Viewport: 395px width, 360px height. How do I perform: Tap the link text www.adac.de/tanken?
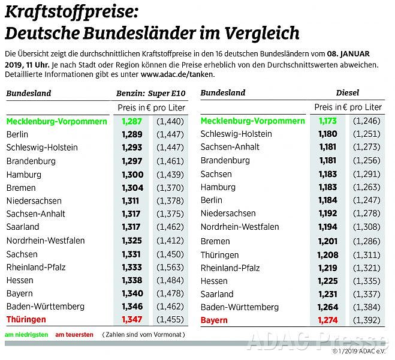[x=177, y=74]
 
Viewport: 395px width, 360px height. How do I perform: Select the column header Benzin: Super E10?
[x=152, y=93]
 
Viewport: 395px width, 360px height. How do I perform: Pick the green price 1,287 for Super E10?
[x=132, y=121]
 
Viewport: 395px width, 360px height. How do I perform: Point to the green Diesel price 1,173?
[x=328, y=121]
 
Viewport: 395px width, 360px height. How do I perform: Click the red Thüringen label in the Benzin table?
[x=26, y=320]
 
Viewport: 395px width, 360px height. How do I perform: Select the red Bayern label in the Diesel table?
[x=214, y=320]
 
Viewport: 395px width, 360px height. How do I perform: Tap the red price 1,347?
[x=132, y=320]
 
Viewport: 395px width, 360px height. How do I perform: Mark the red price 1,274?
[x=328, y=320]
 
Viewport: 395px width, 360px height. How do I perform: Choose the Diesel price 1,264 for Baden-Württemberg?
[x=328, y=307]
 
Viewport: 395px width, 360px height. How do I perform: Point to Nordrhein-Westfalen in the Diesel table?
[x=239, y=227]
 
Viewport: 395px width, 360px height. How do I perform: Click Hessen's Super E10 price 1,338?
[x=132, y=280]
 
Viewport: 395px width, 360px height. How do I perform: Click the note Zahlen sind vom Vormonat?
[x=143, y=334]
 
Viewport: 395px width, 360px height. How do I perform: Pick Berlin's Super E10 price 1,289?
[x=132, y=134]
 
